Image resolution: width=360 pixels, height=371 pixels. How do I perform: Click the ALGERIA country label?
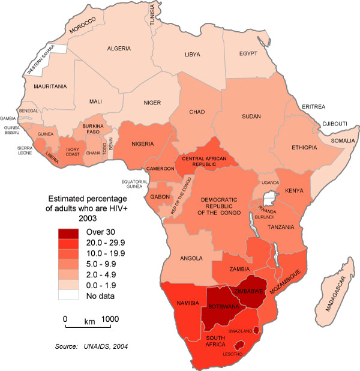[119, 48]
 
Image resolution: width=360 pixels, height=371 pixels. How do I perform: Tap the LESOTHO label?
[235, 354]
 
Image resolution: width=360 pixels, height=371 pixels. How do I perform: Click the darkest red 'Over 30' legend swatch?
[69, 231]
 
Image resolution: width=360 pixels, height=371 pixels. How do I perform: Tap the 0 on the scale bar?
[65, 319]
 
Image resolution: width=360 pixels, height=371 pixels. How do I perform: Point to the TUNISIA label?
[160, 15]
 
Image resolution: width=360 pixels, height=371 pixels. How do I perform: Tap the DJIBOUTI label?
[335, 124]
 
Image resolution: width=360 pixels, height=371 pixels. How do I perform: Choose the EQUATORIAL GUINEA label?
[134, 184]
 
